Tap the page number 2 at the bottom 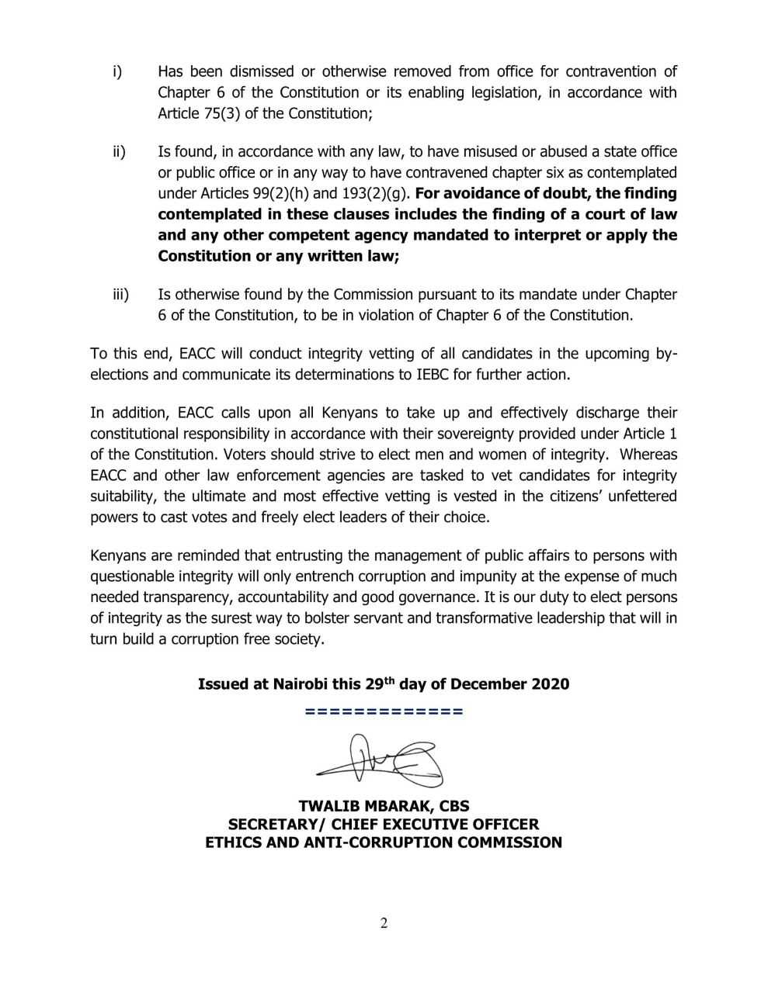(384, 923)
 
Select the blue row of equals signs (384, 711)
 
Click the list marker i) (116, 71)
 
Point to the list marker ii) (118, 151)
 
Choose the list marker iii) (120, 295)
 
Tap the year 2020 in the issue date (550, 684)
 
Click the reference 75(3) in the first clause (213, 113)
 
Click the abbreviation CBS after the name (451, 806)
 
